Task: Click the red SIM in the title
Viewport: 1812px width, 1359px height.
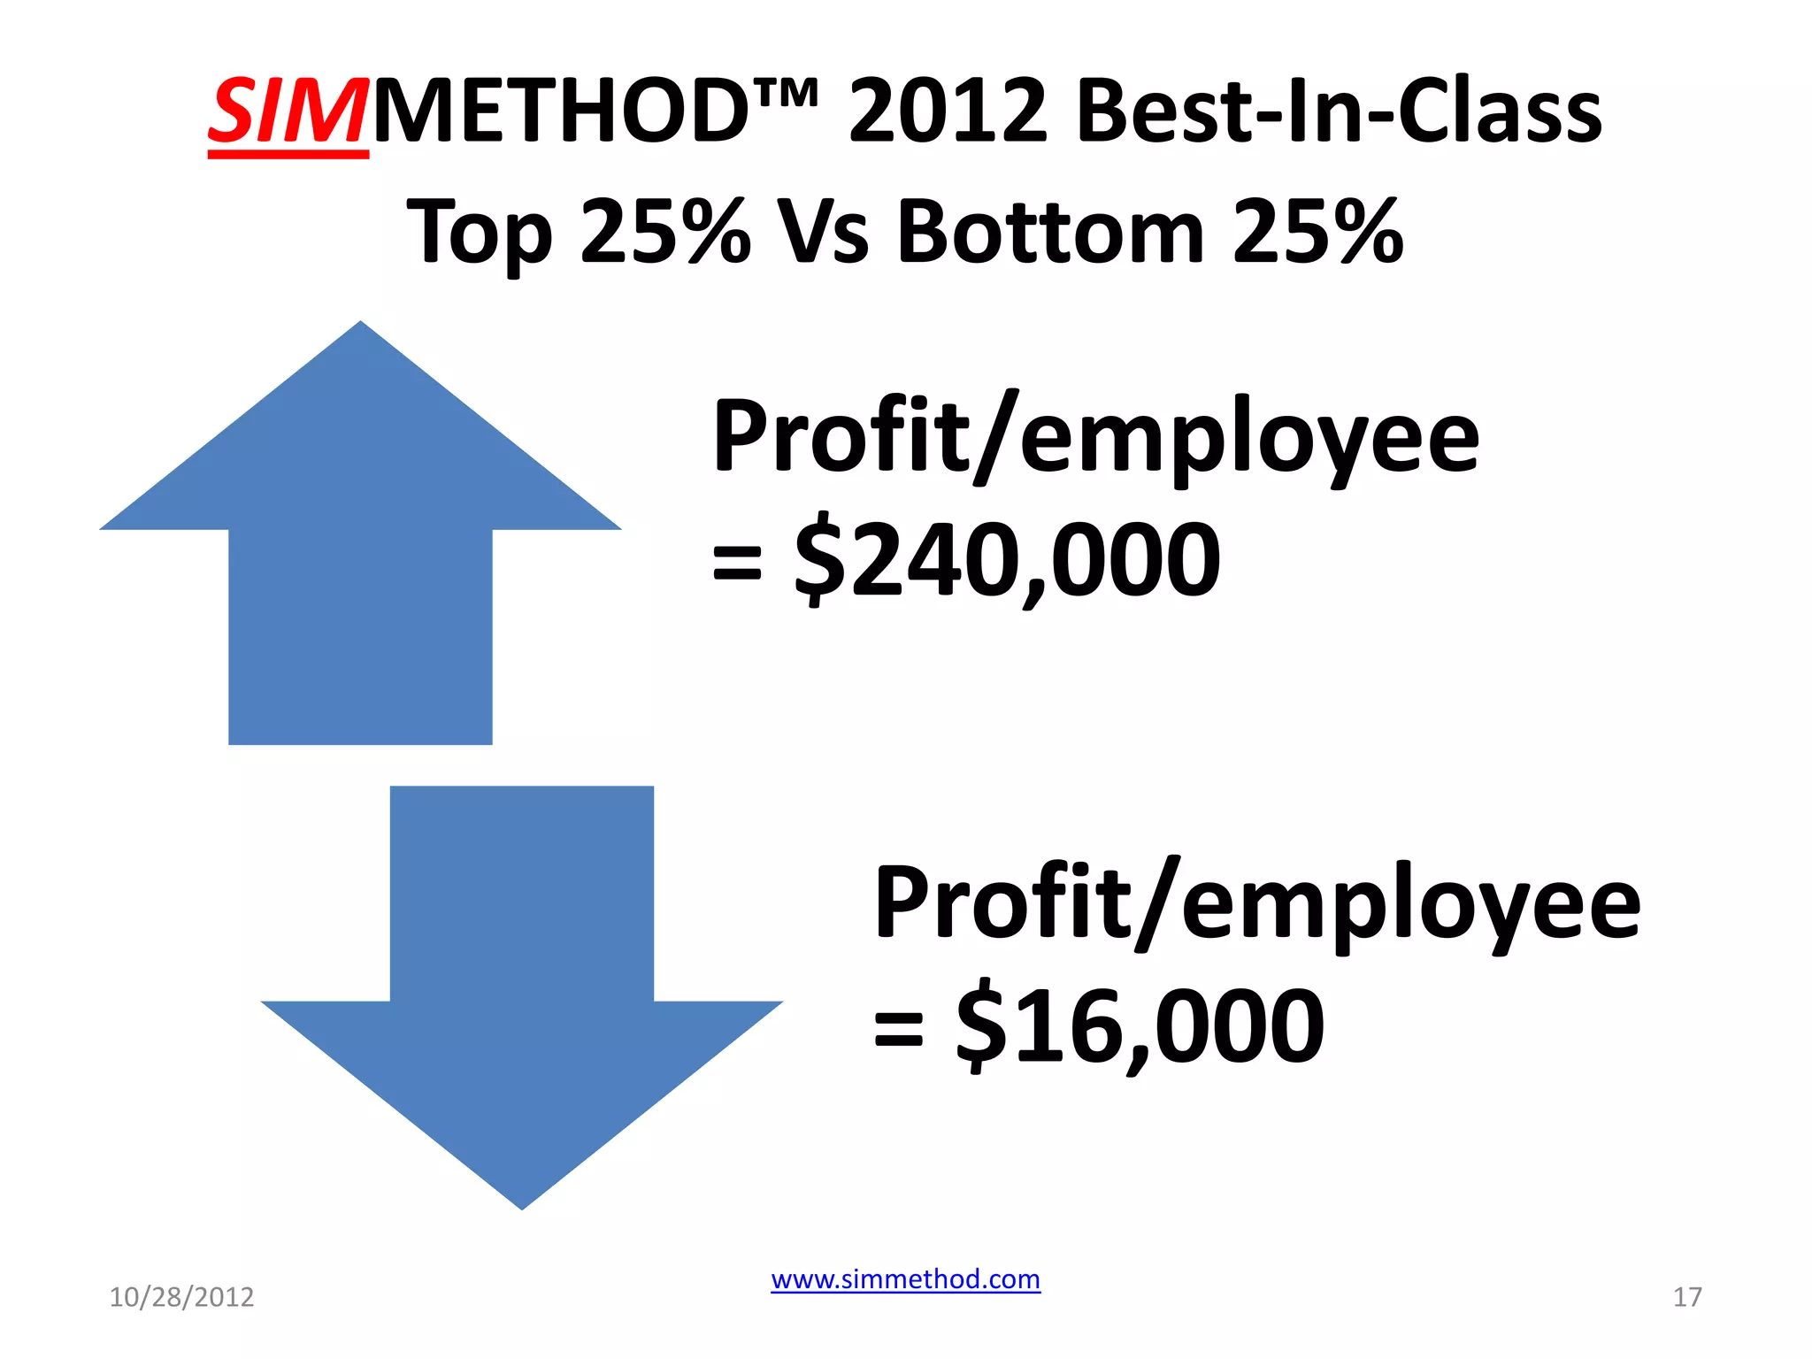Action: [x=288, y=112]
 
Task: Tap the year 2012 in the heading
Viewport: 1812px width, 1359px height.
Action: [x=948, y=112]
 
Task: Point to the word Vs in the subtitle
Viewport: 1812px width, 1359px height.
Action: [x=823, y=233]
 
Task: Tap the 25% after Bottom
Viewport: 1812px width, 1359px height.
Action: [x=1317, y=233]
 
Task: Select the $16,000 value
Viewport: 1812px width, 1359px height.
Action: [x=1140, y=1026]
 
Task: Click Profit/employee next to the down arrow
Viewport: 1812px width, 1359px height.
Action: [x=1257, y=903]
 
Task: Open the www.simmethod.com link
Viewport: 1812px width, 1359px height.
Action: [x=905, y=1279]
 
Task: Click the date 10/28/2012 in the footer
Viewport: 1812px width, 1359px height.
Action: [x=181, y=1297]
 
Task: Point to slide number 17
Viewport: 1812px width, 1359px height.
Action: [x=1687, y=1297]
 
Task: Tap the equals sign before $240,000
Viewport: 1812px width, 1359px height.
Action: [x=736, y=563]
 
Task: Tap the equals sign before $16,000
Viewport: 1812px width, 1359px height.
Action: [x=898, y=1029]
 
